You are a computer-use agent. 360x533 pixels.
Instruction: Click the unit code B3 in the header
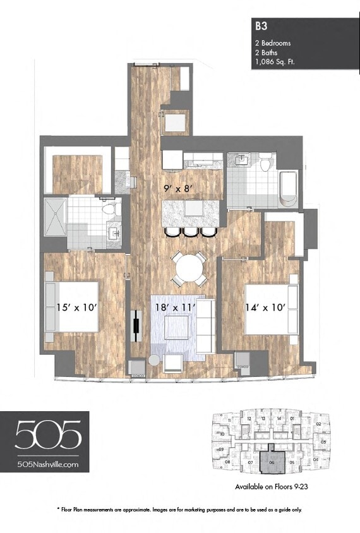pyautogui.click(x=260, y=27)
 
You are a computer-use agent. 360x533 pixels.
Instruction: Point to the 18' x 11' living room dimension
pyautogui.click(x=175, y=308)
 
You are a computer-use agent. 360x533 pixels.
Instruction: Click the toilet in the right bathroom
pyautogui.click(x=267, y=164)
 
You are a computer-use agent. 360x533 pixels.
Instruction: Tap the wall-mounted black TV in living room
pyautogui.click(x=135, y=326)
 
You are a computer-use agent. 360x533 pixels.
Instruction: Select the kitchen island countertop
pyautogui.click(x=191, y=212)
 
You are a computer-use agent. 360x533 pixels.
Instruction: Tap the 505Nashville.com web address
pyautogui.click(x=48, y=464)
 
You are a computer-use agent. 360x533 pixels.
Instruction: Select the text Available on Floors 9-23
pyautogui.click(x=271, y=487)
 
